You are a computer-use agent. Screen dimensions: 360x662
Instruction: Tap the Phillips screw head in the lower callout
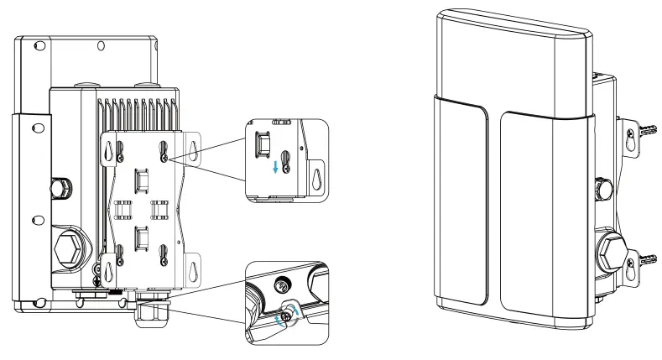point(289,314)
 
